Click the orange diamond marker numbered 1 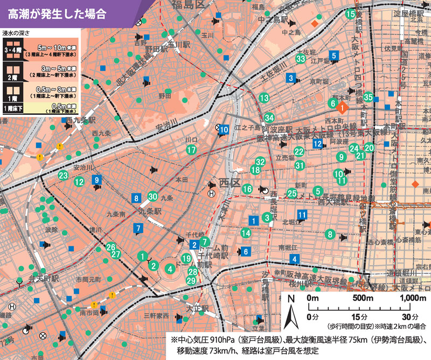(342, 107)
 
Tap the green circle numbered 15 (351, 15)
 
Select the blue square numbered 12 (318, 143)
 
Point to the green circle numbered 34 (269, 117)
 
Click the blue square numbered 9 (96, 180)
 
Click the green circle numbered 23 (63, 175)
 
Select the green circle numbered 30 (152, 197)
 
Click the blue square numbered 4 (294, 259)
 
